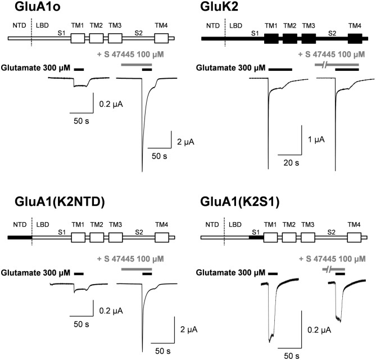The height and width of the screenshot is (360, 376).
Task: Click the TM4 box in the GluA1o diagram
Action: [x=161, y=39]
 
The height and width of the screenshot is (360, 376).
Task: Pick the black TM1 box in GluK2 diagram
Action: [x=271, y=39]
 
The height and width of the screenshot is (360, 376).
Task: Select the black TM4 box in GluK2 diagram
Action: [x=355, y=39]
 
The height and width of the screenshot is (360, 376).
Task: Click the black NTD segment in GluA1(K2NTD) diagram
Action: [x=20, y=237]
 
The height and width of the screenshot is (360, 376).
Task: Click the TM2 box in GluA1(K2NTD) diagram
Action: [x=96, y=237]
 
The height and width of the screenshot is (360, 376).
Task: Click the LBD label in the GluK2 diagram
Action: [x=235, y=25]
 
